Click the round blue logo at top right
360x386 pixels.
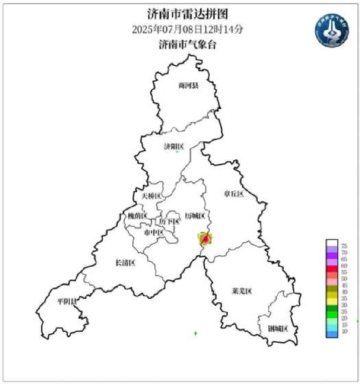[333, 30]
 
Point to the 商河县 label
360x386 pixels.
[187, 86]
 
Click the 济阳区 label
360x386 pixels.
[174, 147]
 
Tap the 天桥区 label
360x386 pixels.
[151, 196]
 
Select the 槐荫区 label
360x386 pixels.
[137, 216]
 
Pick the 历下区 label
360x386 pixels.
[169, 221]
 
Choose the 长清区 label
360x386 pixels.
[124, 263]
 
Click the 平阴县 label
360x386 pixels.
[67, 300]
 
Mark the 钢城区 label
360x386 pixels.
[278, 329]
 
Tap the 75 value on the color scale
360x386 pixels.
[344, 245]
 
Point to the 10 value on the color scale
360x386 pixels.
[344, 332]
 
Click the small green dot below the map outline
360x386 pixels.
[195, 333]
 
